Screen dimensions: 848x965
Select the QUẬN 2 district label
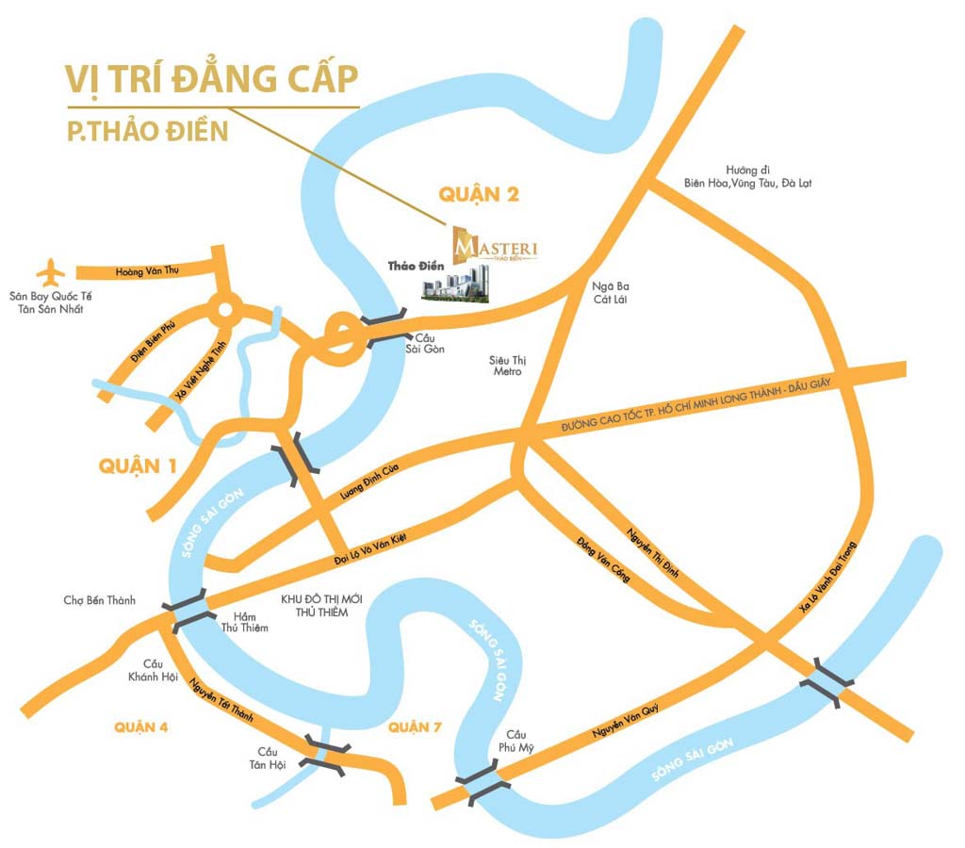[479, 194]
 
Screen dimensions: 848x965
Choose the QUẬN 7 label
[414, 726]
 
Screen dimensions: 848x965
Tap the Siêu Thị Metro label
[505, 366]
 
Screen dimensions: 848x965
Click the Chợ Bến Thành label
[100, 600]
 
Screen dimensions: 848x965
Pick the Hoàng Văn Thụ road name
[147, 271]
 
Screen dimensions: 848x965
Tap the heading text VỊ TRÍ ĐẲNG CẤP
[212, 79]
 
